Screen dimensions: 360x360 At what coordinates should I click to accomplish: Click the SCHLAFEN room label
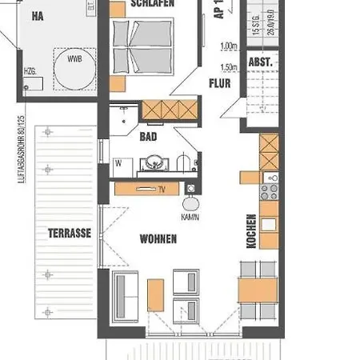[154, 5]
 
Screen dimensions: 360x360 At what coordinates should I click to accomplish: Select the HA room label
[37, 15]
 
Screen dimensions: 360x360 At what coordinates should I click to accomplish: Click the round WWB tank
[74, 67]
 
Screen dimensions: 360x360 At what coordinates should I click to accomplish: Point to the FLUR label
[220, 82]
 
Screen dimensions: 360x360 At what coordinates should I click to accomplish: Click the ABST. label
[261, 62]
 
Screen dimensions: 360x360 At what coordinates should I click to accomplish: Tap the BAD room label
[148, 137]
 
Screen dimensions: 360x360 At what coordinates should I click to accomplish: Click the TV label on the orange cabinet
[160, 190]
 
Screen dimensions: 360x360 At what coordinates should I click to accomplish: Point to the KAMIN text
[190, 217]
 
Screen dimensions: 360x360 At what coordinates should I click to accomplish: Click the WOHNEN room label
[158, 238]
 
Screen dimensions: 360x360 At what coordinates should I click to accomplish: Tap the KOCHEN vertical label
[252, 231]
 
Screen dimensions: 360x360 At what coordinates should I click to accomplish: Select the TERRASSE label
[68, 233]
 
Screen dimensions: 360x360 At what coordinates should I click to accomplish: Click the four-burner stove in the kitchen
[270, 190]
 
